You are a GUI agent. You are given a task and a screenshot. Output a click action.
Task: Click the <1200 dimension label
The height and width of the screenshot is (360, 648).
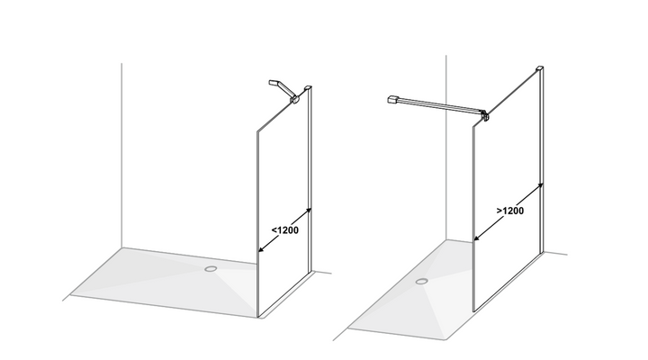coord(284,230)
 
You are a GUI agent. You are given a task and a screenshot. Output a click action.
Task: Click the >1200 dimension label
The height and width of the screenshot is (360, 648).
coord(510,211)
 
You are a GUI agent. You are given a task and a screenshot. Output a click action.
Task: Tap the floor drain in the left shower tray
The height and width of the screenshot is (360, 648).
coord(211,269)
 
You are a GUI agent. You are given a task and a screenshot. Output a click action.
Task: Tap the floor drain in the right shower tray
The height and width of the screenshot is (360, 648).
coord(422,282)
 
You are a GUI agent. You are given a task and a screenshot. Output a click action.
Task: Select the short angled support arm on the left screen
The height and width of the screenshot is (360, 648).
coord(283,89)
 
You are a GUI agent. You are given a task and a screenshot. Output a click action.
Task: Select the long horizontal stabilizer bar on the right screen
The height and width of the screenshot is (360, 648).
coord(438,105)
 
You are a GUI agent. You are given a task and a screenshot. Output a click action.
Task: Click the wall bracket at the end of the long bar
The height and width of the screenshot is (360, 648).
coord(392,99)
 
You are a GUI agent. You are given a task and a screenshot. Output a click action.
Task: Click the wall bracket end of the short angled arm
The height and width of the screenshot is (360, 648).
coord(274,83)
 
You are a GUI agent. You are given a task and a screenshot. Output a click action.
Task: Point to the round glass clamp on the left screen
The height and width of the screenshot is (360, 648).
coord(295,99)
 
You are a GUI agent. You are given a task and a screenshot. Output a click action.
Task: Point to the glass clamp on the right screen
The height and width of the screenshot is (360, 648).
coord(485,116)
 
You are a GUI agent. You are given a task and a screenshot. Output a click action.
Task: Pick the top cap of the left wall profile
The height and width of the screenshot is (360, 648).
coord(308,87)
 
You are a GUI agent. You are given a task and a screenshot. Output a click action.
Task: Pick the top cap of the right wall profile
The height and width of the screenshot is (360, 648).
coord(540,67)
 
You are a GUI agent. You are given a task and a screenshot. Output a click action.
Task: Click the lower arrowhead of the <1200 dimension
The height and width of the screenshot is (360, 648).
coord(260,250)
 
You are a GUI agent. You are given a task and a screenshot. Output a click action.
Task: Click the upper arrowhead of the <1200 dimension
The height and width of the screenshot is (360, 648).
coord(309,211)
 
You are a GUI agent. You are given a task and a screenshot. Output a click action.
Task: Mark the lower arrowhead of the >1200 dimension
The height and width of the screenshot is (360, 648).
coord(476,238)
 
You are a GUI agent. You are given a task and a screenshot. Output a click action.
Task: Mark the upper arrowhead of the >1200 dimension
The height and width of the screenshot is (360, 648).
coord(541,185)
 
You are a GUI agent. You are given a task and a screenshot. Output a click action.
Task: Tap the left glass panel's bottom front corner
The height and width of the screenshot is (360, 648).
coord(258,317)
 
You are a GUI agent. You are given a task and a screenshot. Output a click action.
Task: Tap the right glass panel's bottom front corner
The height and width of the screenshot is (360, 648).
coord(474,310)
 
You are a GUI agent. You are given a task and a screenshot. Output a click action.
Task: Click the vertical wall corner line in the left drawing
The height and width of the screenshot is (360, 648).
coord(121,156)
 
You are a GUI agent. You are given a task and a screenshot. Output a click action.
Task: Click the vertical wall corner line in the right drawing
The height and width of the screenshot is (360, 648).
coord(445,147)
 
